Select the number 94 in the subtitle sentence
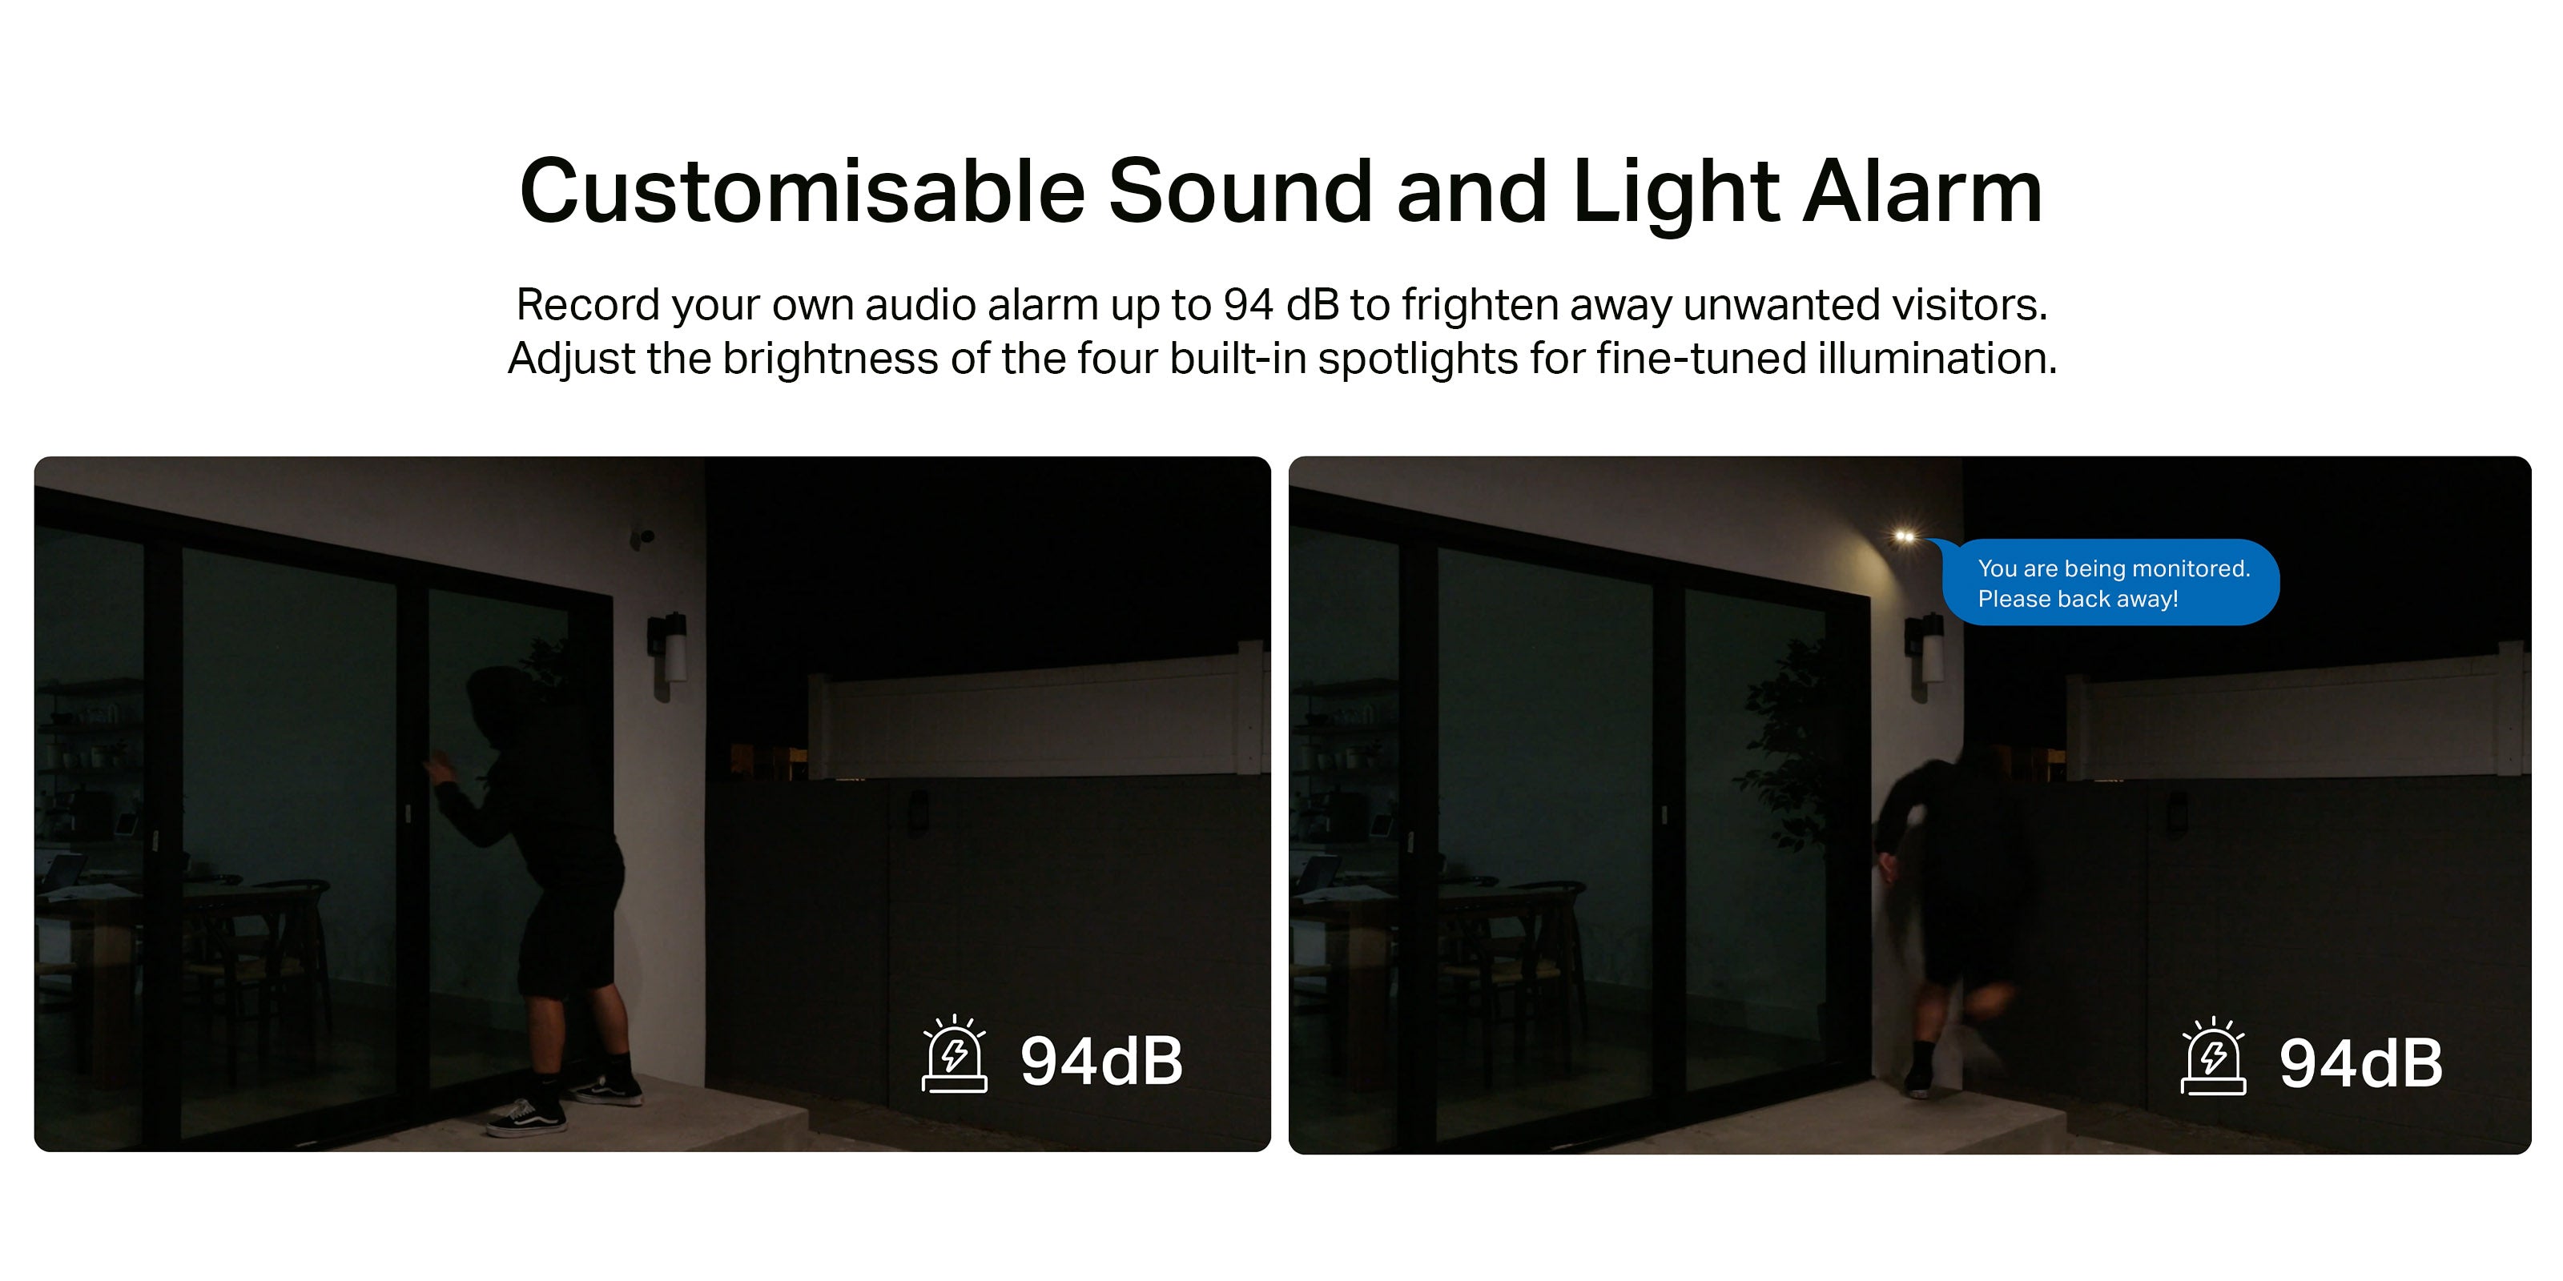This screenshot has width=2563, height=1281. tap(1249, 304)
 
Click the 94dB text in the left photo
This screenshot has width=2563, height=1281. tap(1101, 1061)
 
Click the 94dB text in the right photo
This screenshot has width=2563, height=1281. tap(2360, 1063)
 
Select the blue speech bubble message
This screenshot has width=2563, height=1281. tap(2110, 582)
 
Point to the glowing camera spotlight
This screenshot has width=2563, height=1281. tap(1905, 536)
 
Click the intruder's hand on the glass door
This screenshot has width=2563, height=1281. tap(438, 769)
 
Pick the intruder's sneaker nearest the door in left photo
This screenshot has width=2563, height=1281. tap(526, 1118)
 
